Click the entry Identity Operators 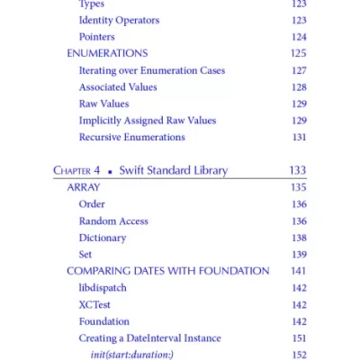tap(119, 20)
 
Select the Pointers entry tap(97, 37)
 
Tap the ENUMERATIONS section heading tap(107, 53)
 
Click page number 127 tap(298, 70)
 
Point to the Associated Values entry tap(118, 87)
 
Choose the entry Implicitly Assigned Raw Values tap(148, 121)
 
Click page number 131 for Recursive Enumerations tap(298, 138)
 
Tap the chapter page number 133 tap(297, 170)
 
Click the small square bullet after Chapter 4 tap(109, 171)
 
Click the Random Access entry tap(113, 220)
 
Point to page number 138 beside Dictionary tap(298, 238)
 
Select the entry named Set tap(85, 255)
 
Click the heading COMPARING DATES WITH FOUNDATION tap(168, 271)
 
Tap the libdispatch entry tap(103, 288)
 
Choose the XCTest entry tap(94, 305)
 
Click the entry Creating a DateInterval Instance tap(149, 338)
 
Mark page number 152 tap(298, 355)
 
